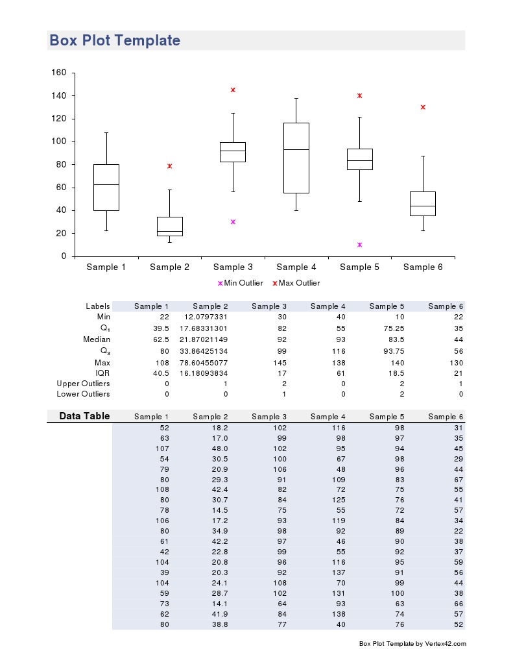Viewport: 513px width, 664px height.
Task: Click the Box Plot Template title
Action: click(115, 40)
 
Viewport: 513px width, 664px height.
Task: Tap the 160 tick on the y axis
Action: click(59, 73)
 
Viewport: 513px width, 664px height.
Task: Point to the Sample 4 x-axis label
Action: click(296, 267)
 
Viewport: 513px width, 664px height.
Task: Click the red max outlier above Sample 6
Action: click(423, 107)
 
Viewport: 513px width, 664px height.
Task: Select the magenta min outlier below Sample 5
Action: click(359, 245)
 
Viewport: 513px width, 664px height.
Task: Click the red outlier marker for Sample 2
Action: click(169, 166)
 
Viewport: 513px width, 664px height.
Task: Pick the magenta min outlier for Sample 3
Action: click(233, 222)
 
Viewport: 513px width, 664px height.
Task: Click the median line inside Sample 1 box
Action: click(106, 184)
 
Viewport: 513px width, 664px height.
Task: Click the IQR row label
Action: click(102, 373)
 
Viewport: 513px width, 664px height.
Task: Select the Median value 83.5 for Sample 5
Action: click(396, 339)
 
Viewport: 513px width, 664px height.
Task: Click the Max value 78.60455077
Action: click(204, 362)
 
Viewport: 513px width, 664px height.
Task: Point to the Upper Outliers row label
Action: click(83, 384)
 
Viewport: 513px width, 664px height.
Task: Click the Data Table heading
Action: click(84, 416)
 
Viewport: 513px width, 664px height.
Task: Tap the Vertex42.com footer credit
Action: click(412, 644)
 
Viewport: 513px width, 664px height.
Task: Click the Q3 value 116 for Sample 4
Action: click(339, 350)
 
